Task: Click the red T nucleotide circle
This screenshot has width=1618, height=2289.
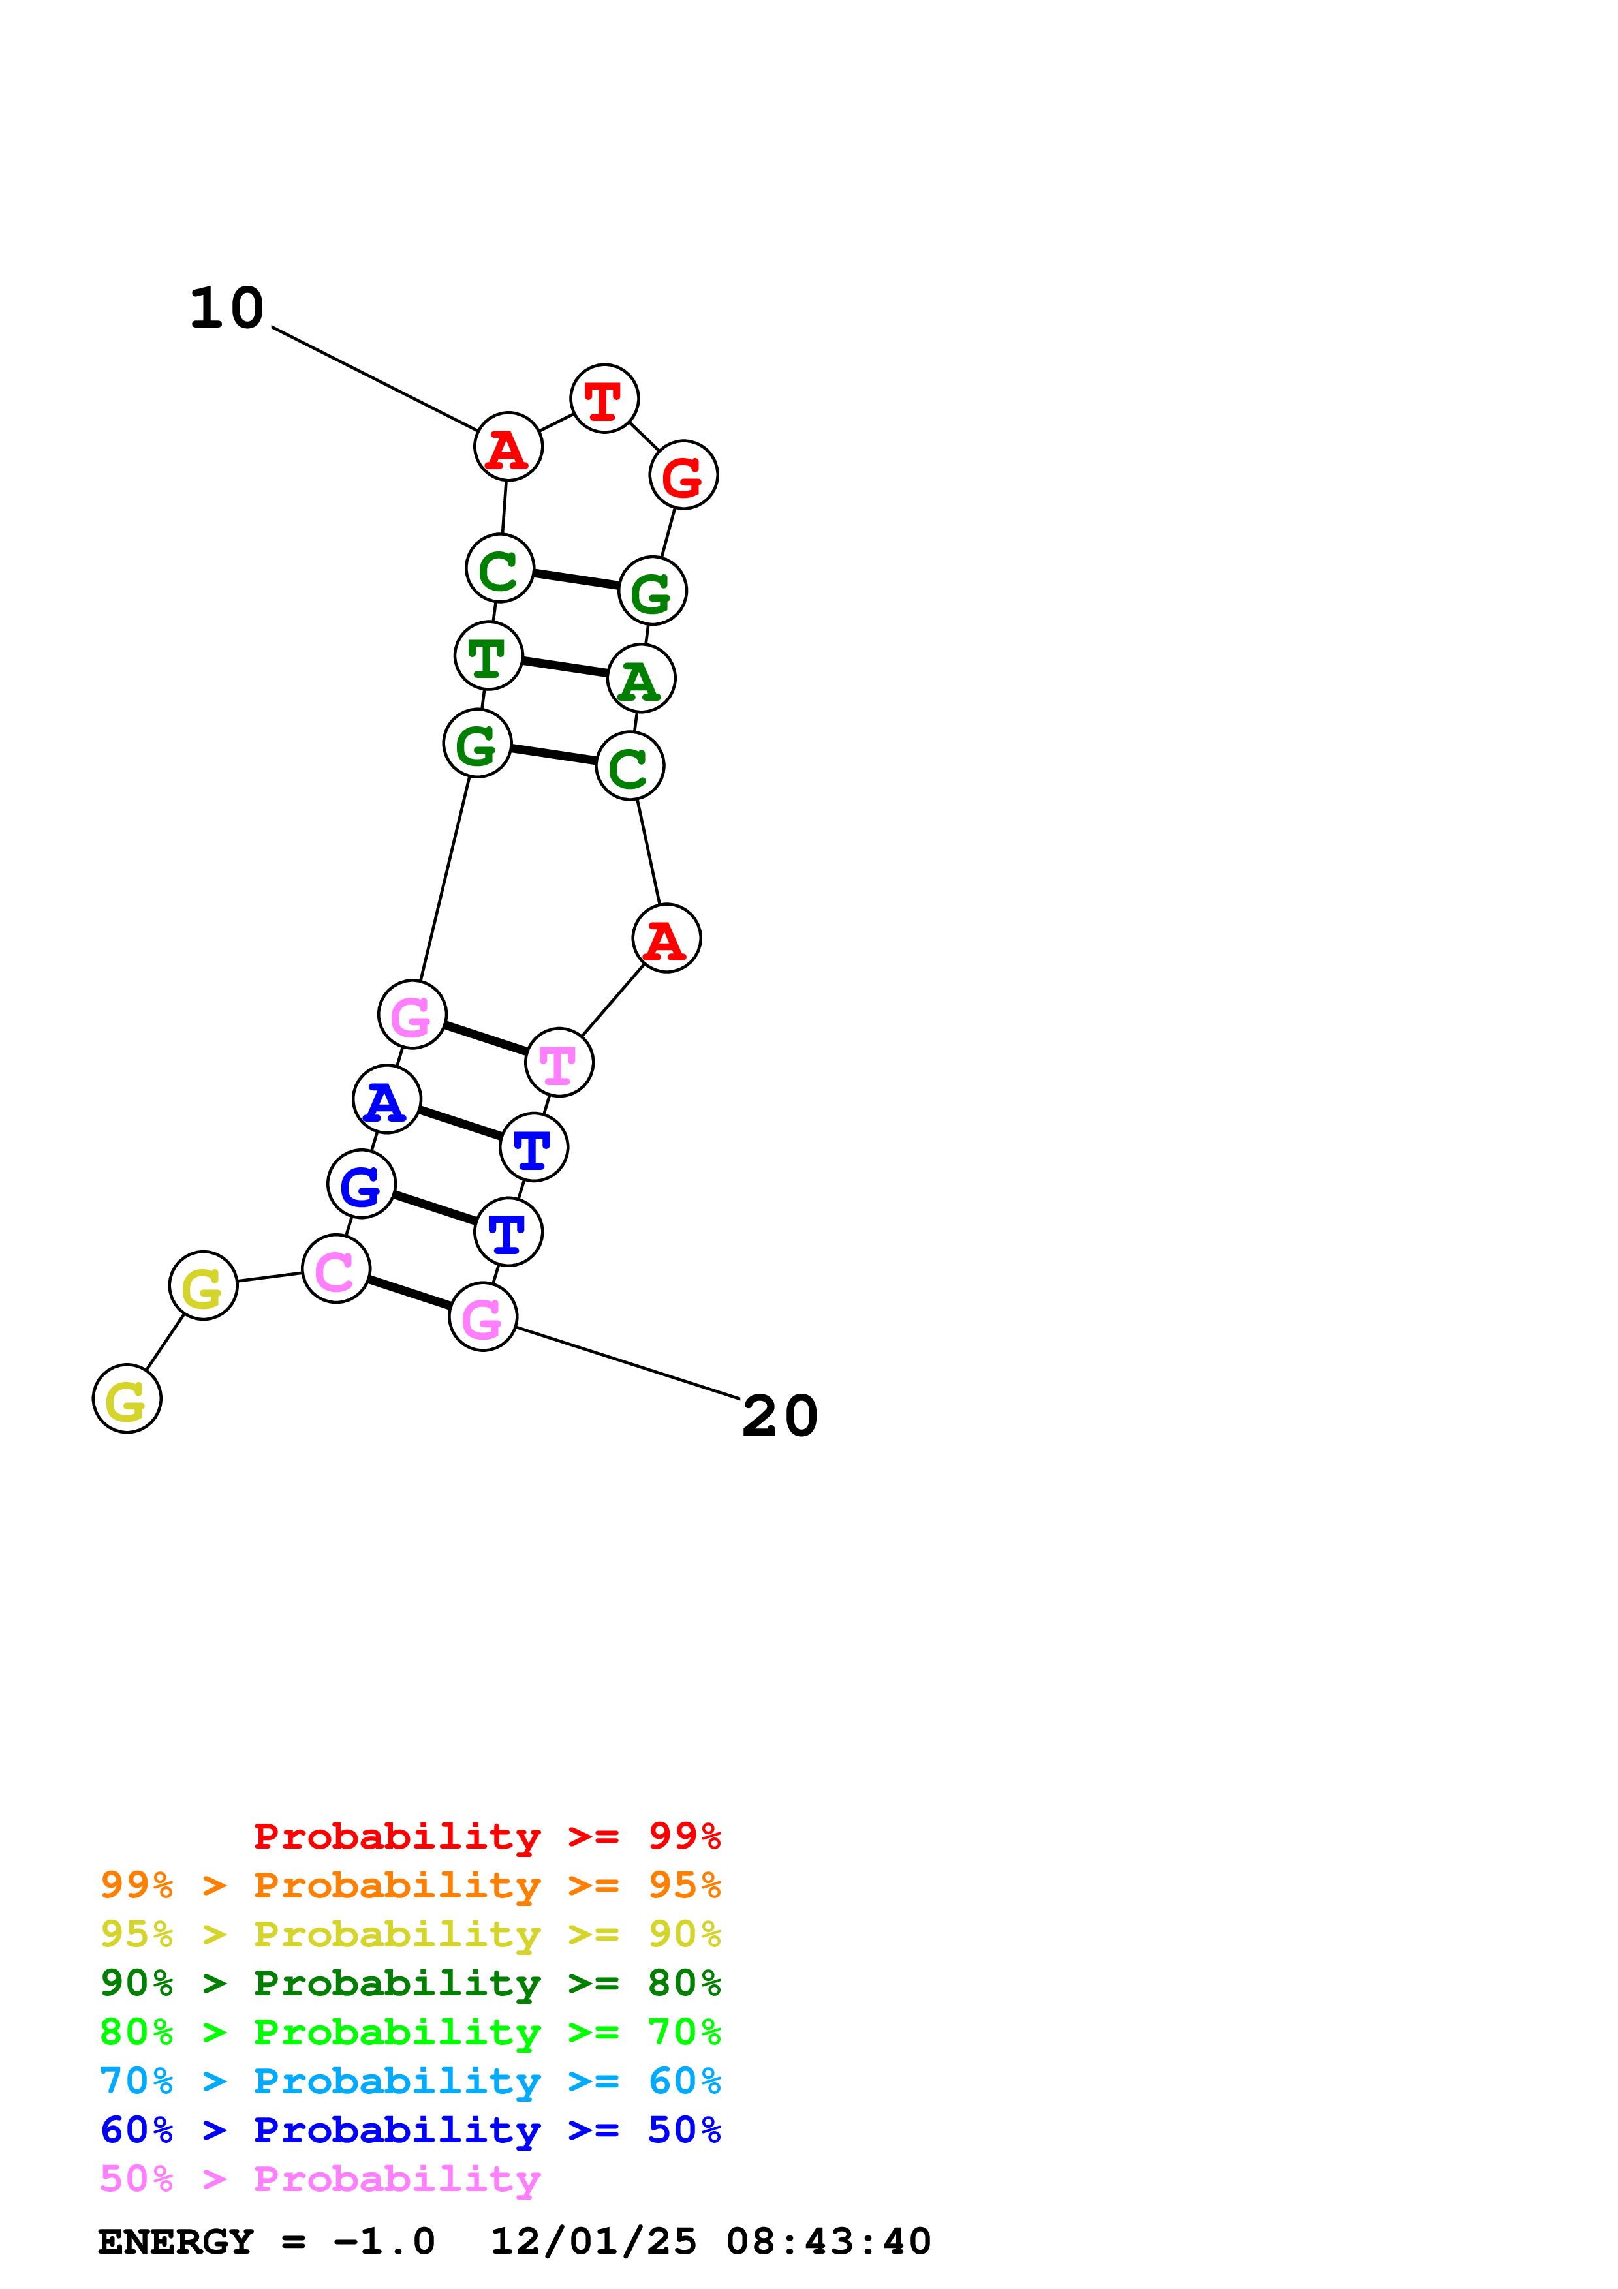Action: [x=604, y=399]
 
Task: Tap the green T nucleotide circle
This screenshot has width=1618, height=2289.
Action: [x=488, y=656]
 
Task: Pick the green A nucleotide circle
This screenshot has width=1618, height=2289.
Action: [x=641, y=679]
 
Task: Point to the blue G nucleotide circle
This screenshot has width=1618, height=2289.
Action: [x=361, y=1184]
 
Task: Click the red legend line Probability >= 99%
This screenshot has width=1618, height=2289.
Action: [x=486, y=1836]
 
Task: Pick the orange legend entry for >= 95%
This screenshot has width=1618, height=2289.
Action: [x=411, y=1885]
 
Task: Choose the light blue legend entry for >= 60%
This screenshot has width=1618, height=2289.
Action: [x=411, y=2081]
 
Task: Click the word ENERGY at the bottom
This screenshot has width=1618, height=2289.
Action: [x=176, y=2241]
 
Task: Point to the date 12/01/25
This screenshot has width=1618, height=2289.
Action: [x=593, y=2241]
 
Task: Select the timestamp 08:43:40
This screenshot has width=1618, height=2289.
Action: [x=828, y=2241]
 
